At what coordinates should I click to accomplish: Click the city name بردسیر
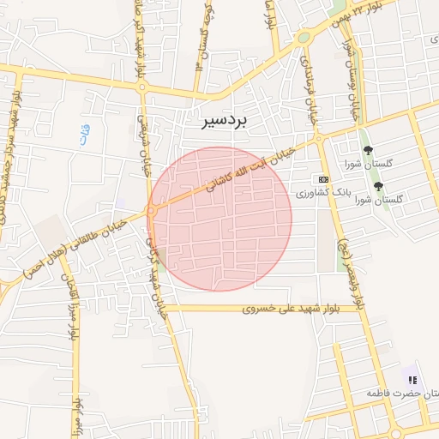coord(220,122)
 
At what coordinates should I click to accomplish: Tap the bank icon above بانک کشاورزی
coord(322,179)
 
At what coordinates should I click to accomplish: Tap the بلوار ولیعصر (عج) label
coord(352,265)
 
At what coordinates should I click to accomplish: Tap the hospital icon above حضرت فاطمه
coord(412,379)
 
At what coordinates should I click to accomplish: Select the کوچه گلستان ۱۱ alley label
coord(203,39)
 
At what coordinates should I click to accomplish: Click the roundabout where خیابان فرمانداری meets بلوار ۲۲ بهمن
coord(303,38)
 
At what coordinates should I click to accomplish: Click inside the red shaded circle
coord(219,219)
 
